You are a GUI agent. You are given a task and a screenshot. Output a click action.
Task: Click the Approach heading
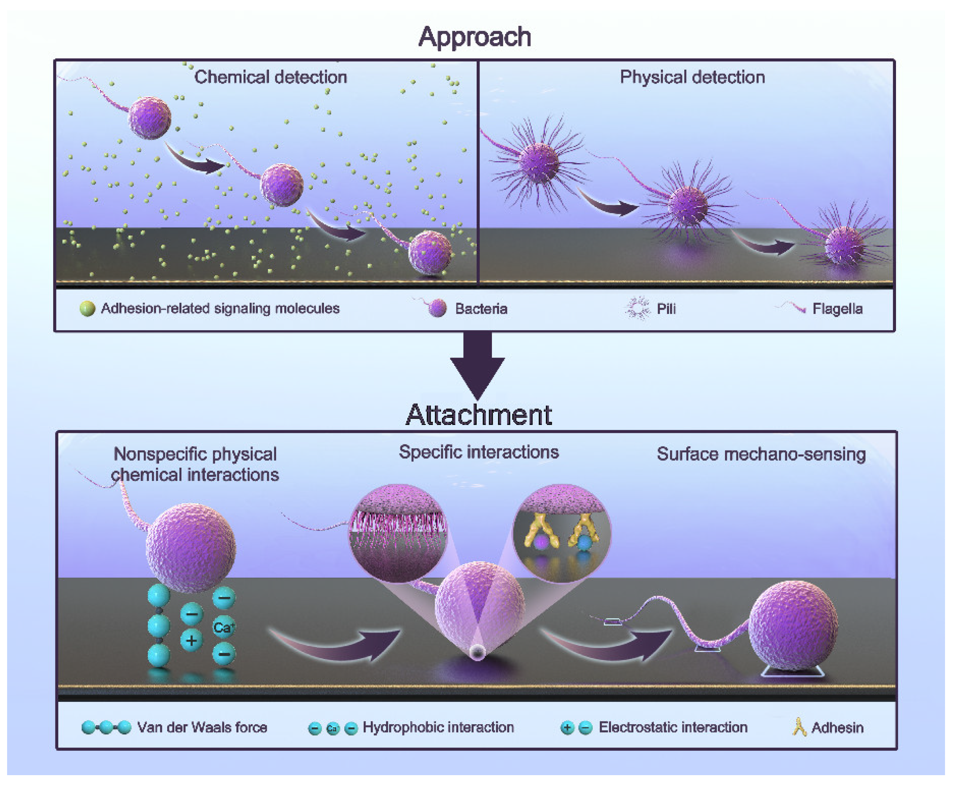(474, 37)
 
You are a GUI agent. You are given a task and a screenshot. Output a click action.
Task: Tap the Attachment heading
(478, 415)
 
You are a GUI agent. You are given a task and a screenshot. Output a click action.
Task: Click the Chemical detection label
(270, 77)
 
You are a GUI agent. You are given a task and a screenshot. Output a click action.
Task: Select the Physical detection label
(692, 77)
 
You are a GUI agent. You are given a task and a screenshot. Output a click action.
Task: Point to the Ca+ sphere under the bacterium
(223, 628)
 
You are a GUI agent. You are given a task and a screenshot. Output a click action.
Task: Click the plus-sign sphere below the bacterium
(191, 641)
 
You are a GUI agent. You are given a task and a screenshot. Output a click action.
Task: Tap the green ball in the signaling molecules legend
(87, 309)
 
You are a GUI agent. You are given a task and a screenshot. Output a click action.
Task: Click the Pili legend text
(666, 309)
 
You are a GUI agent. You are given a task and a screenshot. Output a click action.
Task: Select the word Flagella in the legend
(837, 309)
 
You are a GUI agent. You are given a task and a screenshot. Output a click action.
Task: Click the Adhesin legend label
(837, 728)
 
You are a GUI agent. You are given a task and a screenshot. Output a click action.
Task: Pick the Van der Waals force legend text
(202, 728)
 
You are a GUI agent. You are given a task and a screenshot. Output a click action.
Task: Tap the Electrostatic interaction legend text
(673, 728)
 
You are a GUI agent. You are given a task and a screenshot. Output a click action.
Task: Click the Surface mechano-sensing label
(761, 454)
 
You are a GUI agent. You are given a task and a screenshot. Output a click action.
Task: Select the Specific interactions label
(478, 452)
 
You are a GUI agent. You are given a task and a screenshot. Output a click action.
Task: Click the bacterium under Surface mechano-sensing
(794, 625)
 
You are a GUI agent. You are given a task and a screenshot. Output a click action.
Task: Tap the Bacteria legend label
(481, 309)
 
